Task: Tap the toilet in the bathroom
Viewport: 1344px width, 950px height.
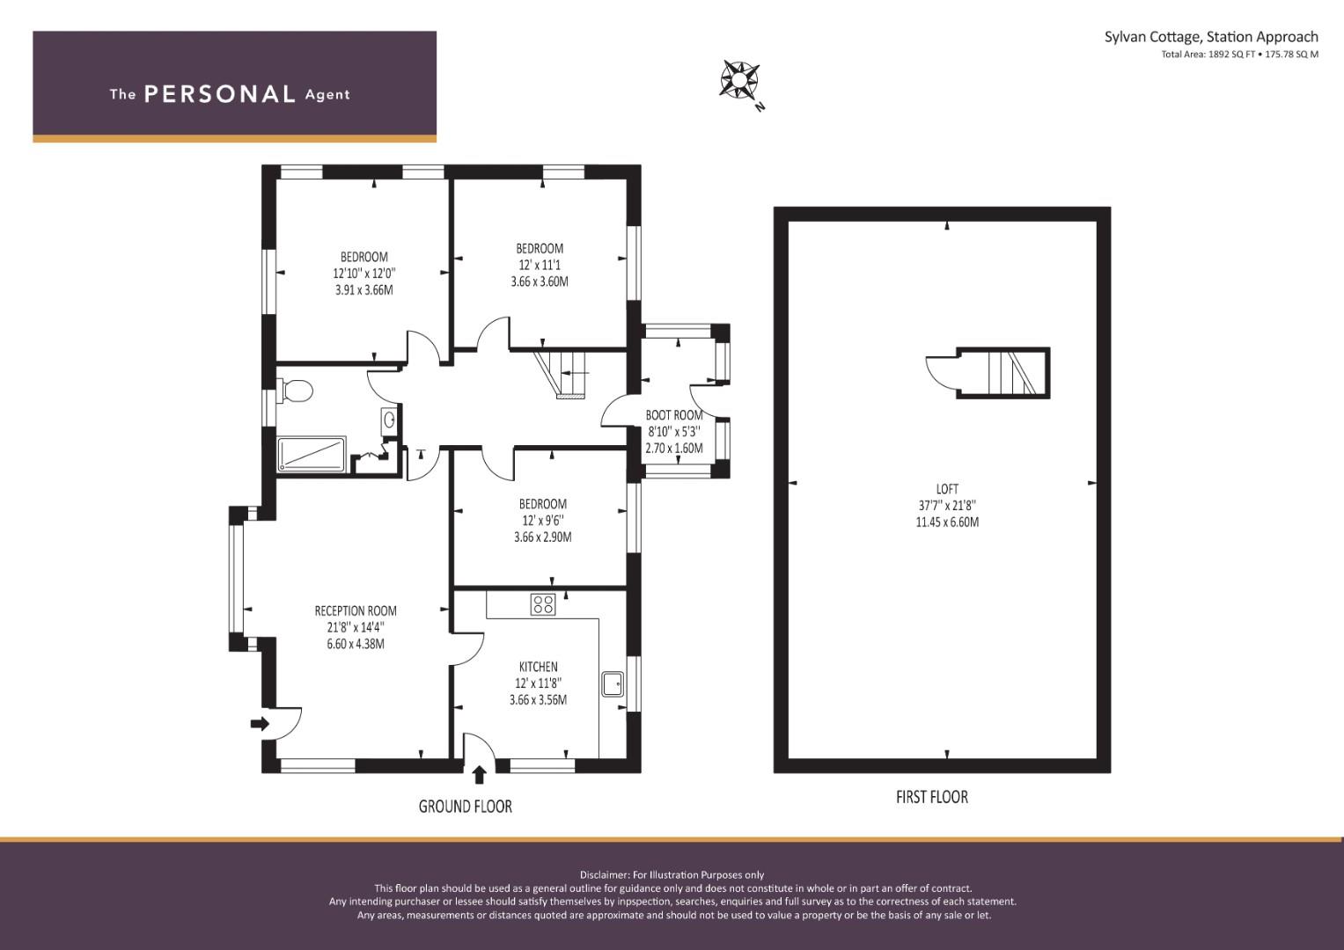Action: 295,390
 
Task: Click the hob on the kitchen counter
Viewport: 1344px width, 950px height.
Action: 542,604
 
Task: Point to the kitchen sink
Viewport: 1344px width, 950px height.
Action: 613,683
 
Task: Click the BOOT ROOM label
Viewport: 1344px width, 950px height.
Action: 674,415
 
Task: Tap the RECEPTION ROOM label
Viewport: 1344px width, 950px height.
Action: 356,610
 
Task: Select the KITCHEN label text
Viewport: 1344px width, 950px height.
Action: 538,667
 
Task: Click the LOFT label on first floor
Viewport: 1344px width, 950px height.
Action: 947,489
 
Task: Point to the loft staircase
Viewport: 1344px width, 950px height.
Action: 1011,373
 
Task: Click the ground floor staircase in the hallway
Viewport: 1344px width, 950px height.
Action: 563,373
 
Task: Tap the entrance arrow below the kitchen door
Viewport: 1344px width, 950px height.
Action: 479,775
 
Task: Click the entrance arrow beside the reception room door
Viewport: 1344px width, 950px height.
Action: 260,724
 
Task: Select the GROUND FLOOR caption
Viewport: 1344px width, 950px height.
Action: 465,806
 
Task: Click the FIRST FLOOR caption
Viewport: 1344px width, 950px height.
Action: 931,797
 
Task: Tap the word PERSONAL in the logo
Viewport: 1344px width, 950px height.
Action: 219,94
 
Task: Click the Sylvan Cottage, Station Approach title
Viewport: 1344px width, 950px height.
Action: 1211,37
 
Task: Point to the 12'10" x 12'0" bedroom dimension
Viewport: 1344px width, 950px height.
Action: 364,274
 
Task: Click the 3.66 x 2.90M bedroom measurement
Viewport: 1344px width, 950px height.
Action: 542,537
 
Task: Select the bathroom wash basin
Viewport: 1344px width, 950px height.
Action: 388,420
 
